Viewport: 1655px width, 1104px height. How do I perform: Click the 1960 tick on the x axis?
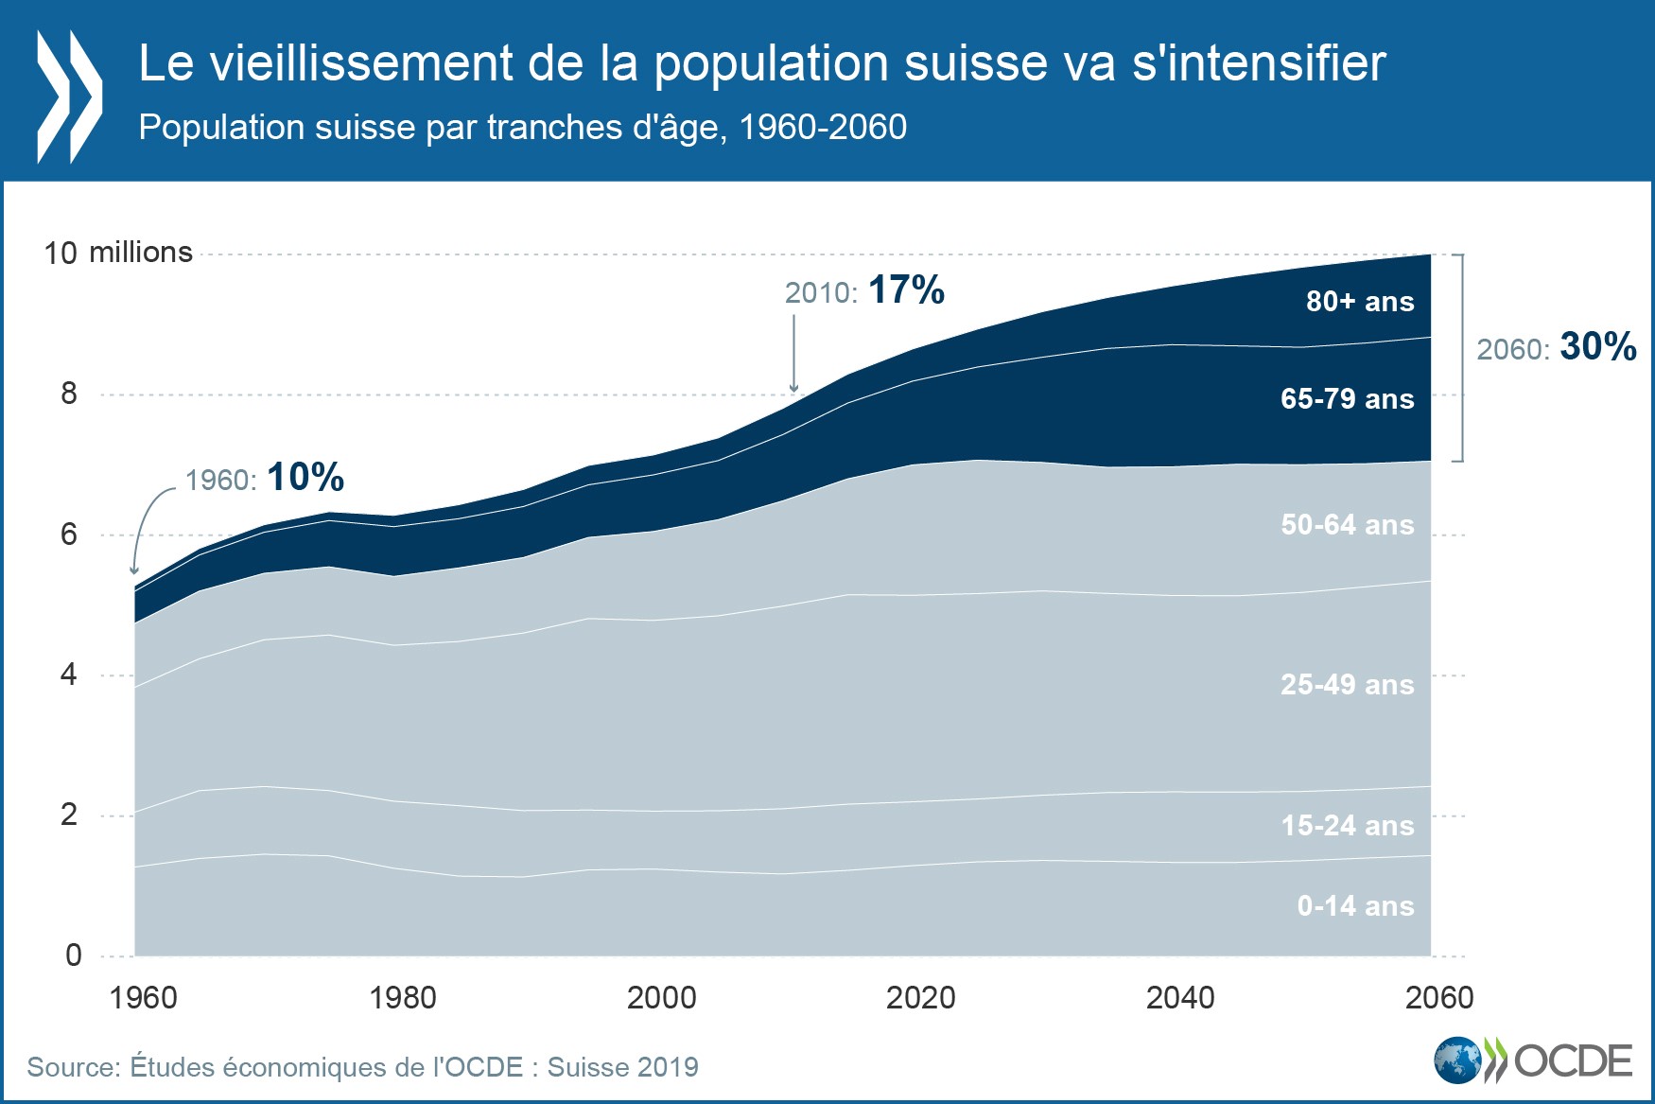[143, 997]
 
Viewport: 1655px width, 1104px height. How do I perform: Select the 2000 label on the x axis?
[661, 997]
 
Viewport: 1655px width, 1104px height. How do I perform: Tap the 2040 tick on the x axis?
[1179, 997]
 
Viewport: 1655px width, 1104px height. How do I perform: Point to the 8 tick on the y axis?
[69, 394]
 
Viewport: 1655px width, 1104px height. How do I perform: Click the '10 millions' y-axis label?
[118, 253]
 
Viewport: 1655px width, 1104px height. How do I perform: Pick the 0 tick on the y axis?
[73, 955]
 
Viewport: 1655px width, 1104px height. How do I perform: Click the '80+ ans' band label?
[1359, 302]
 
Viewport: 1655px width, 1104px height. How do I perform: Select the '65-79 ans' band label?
[1347, 399]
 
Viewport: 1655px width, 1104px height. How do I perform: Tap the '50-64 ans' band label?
[1347, 525]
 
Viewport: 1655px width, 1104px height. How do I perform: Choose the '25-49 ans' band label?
[1347, 685]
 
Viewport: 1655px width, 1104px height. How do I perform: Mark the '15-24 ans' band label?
[1347, 826]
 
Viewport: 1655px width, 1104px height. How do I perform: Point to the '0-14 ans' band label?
[1355, 906]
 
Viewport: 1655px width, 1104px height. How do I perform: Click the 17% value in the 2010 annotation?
[906, 290]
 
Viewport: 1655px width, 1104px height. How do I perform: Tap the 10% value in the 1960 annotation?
[305, 478]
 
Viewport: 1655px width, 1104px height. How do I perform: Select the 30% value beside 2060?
[1597, 347]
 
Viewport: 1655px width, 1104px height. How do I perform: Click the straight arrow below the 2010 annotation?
[793, 354]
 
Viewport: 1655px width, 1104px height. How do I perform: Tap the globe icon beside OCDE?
[1457, 1060]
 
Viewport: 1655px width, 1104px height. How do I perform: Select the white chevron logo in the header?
[68, 96]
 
